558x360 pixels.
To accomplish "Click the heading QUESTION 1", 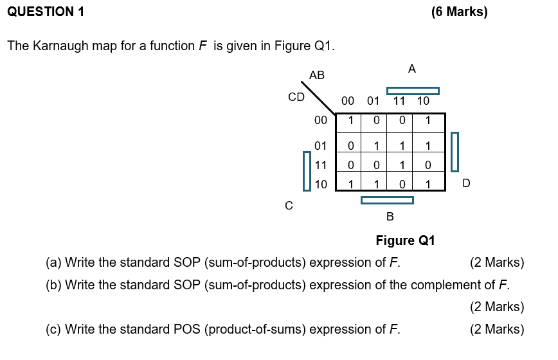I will click(x=45, y=12).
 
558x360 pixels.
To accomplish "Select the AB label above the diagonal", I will click(x=317, y=75).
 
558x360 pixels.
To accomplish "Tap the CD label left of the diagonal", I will click(x=296, y=97).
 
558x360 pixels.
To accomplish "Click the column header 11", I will click(x=399, y=101).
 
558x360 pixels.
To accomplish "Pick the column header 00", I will click(x=348, y=101).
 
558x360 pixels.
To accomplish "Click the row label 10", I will click(x=321, y=184).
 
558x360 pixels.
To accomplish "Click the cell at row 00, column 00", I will click(x=350, y=120).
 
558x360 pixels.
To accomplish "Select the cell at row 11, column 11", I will click(x=402, y=165).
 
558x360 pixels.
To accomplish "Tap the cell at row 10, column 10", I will click(x=428, y=184).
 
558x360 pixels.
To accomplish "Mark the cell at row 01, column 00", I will click(x=350, y=147).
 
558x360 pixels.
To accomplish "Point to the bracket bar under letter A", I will click(x=413, y=91).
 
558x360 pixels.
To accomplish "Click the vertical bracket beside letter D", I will click(x=455, y=152).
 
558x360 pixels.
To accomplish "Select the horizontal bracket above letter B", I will click(x=387, y=200).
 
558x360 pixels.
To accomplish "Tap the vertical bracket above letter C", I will click(x=307, y=171).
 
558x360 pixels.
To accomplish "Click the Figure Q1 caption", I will click(x=405, y=240).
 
